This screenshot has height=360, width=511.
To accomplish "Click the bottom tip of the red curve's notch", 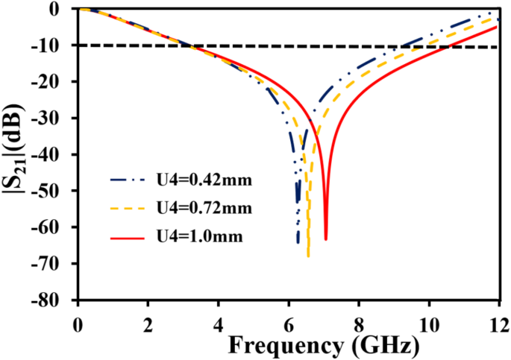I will coord(326,239).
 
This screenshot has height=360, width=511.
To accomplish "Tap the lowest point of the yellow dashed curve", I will coord(308,256).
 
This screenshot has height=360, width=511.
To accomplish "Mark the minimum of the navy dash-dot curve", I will coord(298,242).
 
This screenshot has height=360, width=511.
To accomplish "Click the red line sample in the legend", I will coord(126,238).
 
